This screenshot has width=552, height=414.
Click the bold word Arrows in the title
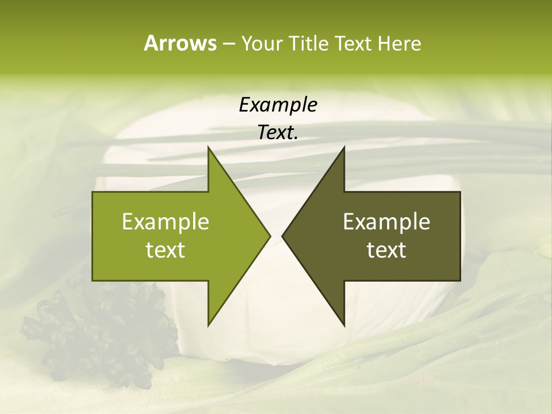click(179, 43)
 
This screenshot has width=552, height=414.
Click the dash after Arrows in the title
click(228, 44)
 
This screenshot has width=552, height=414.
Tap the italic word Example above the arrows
click(278, 105)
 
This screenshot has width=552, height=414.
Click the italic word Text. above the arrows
click(277, 132)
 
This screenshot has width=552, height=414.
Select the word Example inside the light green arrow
click(166, 222)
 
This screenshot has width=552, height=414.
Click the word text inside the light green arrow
click(166, 250)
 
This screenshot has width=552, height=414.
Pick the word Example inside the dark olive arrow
click(386, 222)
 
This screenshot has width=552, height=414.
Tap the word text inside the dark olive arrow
click(386, 250)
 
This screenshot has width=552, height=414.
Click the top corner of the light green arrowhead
click(209, 148)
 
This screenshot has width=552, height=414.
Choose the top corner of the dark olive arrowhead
click(344, 148)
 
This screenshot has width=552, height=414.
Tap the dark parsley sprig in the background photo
click(103, 333)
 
